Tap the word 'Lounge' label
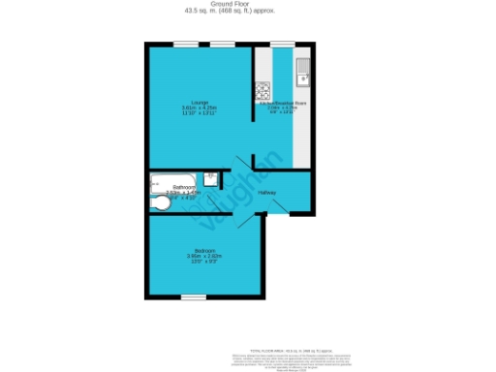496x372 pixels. click(200, 102)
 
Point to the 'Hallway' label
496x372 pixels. click(267, 192)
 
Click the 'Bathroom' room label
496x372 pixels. click(184, 186)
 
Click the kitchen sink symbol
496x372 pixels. click(302, 71)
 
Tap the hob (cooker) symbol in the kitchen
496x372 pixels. click(262, 94)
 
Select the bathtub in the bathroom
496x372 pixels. click(172, 179)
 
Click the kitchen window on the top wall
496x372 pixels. click(282, 44)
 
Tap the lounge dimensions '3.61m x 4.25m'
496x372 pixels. click(200, 108)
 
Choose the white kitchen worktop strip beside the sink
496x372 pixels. click(303, 126)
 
